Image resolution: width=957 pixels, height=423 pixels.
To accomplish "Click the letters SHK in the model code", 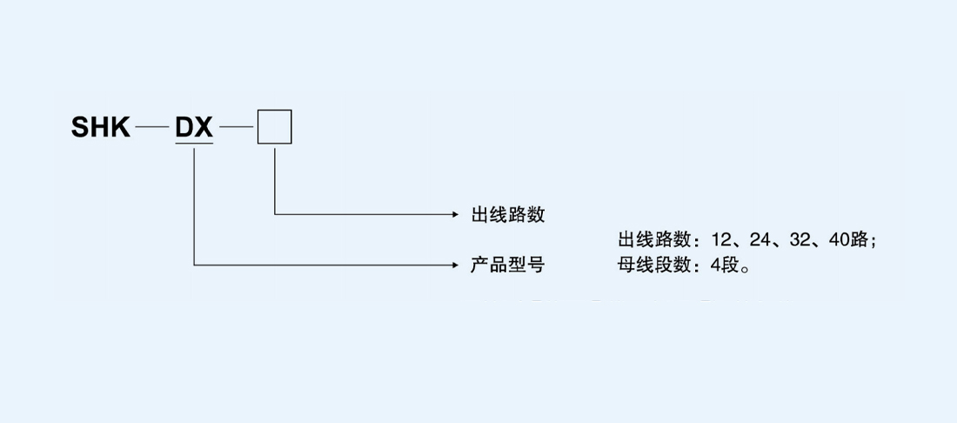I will click(x=101, y=128).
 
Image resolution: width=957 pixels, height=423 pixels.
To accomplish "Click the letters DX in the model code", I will click(x=194, y=128).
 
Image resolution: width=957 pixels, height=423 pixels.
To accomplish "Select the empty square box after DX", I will click(x=274, y=127).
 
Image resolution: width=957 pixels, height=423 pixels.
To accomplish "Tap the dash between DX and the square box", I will click(x=235, y=128).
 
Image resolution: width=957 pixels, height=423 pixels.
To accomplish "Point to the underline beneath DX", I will click(x=194, y=144).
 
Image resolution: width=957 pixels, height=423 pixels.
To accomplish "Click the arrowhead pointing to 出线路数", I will click(x=456, y=214).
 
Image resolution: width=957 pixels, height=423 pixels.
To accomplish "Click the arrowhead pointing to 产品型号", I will click(x=456, y=265).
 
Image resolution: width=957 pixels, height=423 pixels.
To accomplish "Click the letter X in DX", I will click(x=204, y=128).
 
